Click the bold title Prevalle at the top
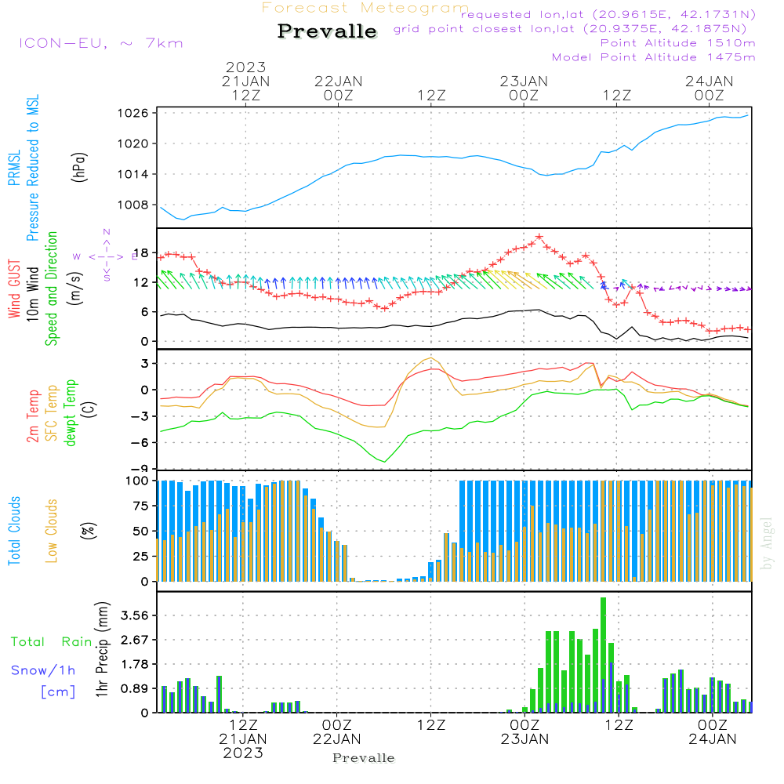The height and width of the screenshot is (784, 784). click(x=327, y=31)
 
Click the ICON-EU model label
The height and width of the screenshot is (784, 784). click(x=100, y=43)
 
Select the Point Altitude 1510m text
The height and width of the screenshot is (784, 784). click(x=677, y=43)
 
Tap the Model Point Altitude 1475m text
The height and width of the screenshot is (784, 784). click(x=653, y=57)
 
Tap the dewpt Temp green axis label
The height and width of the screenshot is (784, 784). click(x=71, y=413)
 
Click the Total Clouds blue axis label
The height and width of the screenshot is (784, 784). click(x=15, y=531)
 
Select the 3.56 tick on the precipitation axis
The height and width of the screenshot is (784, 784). click(x=132, y=615)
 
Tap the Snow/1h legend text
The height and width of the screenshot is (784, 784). click(x=44, y=670)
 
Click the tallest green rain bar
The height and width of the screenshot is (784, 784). click(x=603, y=655)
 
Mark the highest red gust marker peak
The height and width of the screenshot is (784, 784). click(x=539, y=237)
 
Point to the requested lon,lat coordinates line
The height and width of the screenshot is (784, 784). click(x=608, y=14)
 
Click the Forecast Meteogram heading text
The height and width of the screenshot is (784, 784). click(x=365, y=8)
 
